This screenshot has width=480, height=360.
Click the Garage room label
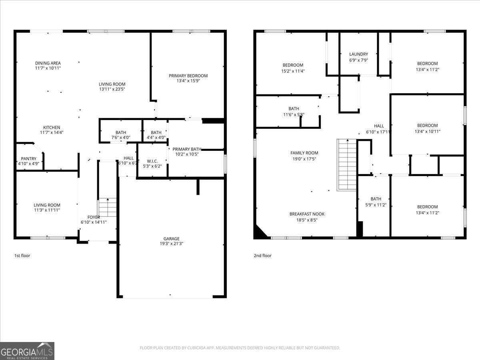click(171, 238)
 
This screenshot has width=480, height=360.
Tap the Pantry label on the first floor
click(29, 158)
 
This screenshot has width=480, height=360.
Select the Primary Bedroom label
click(188, 76)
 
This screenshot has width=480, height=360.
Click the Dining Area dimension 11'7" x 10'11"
click(48, 68)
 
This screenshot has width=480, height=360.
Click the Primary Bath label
click(187, 149)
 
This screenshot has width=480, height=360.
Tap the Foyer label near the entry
click(94, 217)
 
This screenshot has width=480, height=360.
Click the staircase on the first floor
click(107, 207)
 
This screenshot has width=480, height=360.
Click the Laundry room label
click(358, 54)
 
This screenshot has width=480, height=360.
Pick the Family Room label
click(304, 153)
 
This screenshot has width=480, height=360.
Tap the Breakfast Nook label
click(307, 214)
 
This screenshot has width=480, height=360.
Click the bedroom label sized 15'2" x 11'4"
click(293, 71)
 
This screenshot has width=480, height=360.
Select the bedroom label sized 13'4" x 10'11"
click(427, 131)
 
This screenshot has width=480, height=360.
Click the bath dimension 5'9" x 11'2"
click(376, 205)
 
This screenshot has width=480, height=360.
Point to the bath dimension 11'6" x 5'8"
click(294, 114)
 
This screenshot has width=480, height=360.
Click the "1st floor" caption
click(22, 256)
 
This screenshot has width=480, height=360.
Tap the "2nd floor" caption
click(262, 256)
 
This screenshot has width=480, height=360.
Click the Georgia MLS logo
click(27, 351)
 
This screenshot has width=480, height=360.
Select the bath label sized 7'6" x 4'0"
click(120, 138)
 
